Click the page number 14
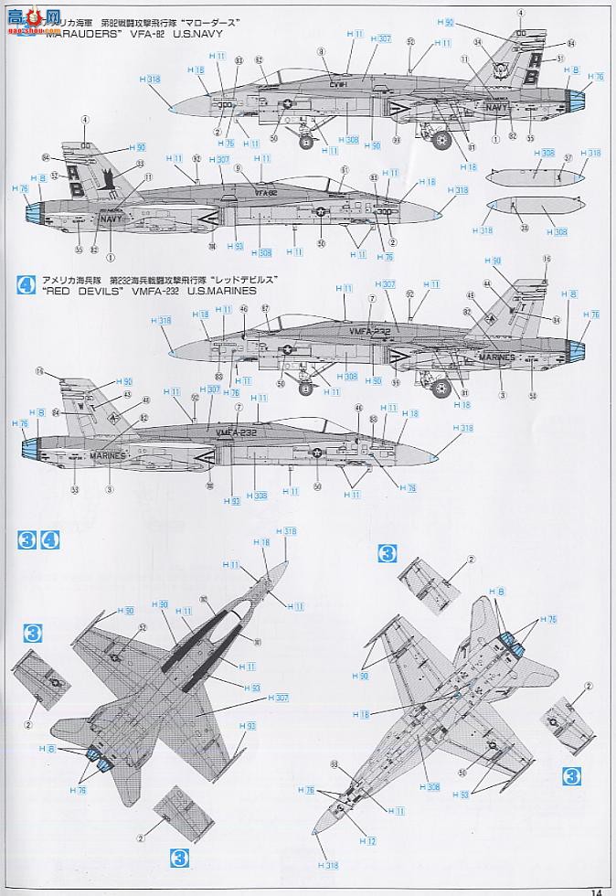click(595, 891)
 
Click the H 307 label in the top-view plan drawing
click(278, 698)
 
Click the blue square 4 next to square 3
click(50, 540)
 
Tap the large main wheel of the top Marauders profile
click(441, 140)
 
